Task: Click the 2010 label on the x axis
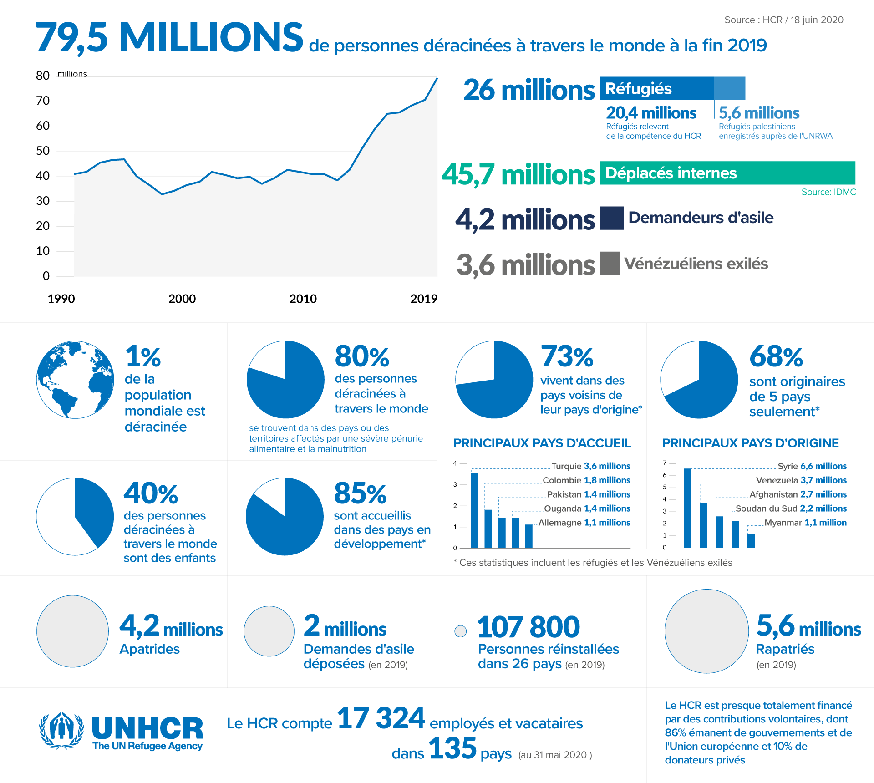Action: pos(303,299)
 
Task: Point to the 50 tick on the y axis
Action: pos(43,151)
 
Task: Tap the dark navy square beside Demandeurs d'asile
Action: pos(611,218)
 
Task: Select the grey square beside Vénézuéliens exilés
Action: pos(610,263)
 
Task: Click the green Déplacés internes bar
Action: pos(727,173)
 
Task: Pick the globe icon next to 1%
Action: pos(75,379)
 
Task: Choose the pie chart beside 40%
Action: pos(75,516)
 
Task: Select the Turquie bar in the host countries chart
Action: pos(475,510)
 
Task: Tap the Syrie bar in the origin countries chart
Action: pos(687,508)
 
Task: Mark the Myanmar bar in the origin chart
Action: pos(751,540)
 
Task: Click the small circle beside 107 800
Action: pos(461,631)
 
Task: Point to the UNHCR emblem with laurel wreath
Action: pos(61,731)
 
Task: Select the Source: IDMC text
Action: pos(828,192)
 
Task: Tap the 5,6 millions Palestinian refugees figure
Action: pos(759,113)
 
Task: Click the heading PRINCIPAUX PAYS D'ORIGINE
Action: pos(750,443)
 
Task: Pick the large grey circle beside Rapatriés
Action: pos(706,631)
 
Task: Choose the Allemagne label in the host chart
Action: pos(560,523)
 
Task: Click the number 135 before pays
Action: pos(452,748)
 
